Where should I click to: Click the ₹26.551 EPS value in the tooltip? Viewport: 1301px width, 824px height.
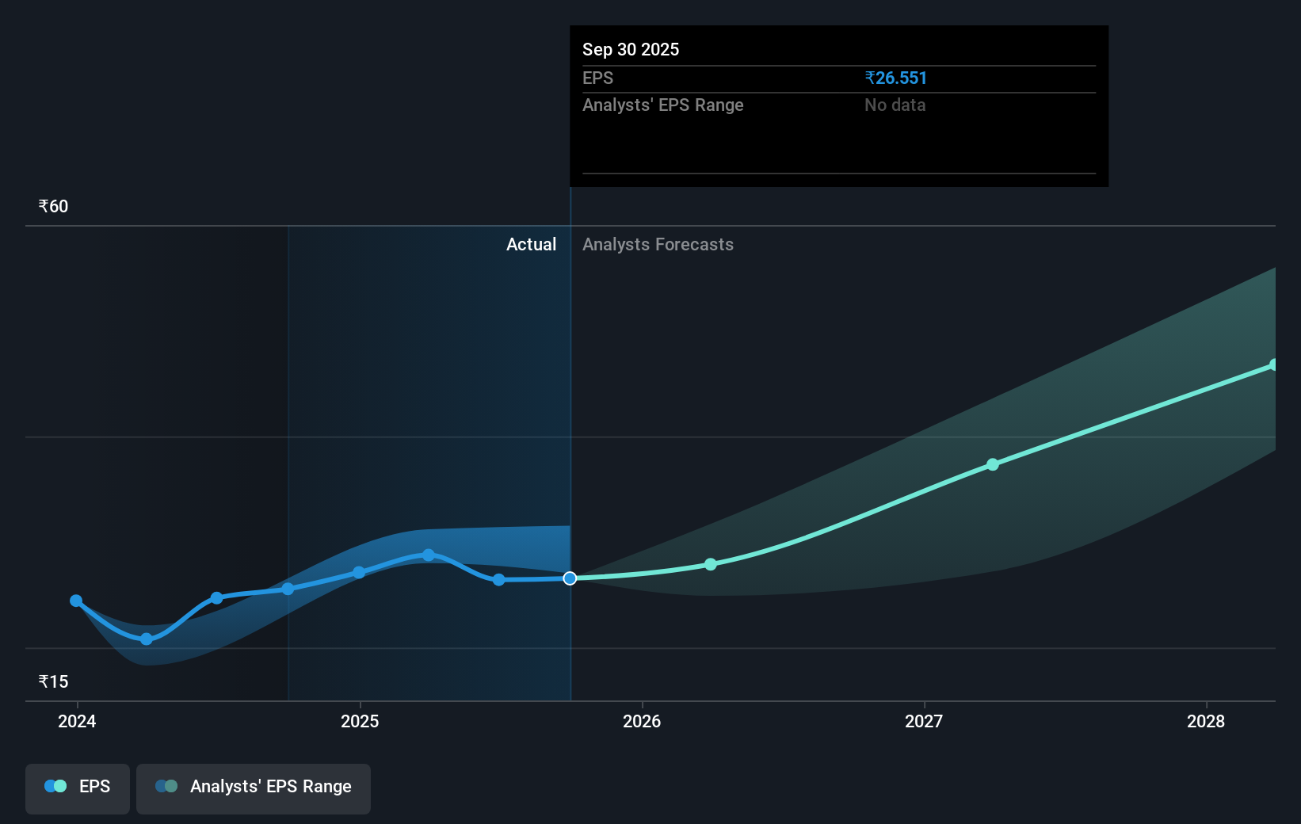tap(895, 78)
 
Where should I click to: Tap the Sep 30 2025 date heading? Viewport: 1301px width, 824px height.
tap(631, 50)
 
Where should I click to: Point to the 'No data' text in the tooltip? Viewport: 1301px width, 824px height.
tap(895, 105)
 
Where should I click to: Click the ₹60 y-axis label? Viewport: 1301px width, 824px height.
tap(53, 207)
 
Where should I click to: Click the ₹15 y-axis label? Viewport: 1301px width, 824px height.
tap(53, 682)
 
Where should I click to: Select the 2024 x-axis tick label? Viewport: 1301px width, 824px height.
tap(77, 722)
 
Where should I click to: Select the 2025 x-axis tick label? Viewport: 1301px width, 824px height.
tap(360, 722)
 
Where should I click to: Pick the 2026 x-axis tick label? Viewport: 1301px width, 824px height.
tap(642, 722)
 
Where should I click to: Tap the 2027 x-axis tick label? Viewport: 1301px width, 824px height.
tap(924, 722)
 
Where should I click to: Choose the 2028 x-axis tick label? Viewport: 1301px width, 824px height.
tap(1206, 722)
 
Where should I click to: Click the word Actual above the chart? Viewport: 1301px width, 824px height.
tap(531, 245)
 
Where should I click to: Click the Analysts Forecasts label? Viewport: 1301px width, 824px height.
tap(658, 245)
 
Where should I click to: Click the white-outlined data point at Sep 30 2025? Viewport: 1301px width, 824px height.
tap(570, 578)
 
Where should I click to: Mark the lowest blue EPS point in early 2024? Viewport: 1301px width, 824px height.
tap(147, 639)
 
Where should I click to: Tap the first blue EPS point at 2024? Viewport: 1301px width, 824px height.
tap(76, 601)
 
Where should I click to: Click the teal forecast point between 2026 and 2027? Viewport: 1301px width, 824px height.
tap(711, 564)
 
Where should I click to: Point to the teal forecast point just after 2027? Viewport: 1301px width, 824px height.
tap(993, 464)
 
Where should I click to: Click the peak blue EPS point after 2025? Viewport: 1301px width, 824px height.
tap(429, 555)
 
